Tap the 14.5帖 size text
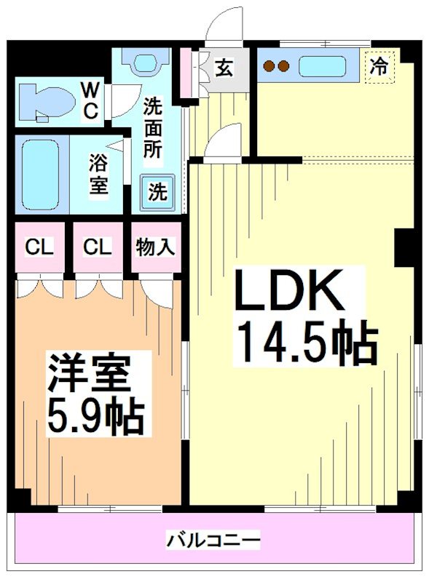tap(304, 343)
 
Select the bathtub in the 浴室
tap(41, 174)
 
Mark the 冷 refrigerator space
tap(378, 66)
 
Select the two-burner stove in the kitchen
tap(276, 66)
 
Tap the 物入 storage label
tap(155, 247)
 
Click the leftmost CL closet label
tap(39, 247)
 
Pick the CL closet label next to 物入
tap(97, 247)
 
